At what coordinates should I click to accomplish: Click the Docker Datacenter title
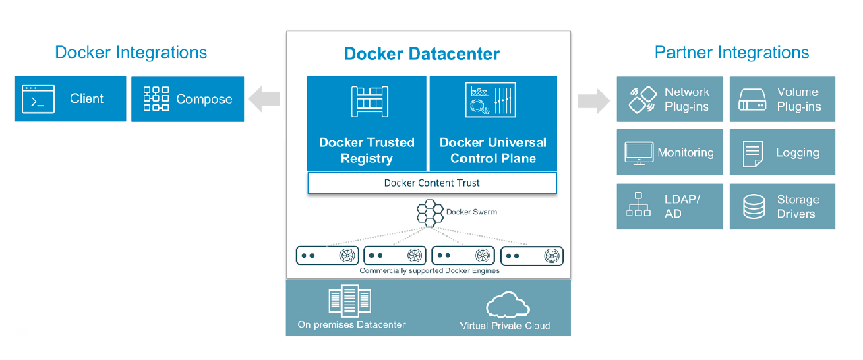[422, 54]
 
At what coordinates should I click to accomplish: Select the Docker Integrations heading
[131, 52]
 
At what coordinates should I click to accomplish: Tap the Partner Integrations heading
[732, 52]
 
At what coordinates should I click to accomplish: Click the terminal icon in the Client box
[38, 98]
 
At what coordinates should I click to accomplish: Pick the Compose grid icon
[156, 98]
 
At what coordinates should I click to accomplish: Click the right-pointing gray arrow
[593, 100]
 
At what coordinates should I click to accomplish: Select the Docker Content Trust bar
[432, 183]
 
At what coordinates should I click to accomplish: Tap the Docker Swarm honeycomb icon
[429, 213]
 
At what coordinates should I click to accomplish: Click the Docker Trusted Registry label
[367, 150]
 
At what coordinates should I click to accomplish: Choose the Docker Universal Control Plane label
[493, 150]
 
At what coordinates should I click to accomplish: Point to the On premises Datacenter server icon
[350, 300]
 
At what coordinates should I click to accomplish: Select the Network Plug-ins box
[670, 99]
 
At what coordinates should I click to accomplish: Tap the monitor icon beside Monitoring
[638, 154]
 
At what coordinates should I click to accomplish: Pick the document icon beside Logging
[752, 154]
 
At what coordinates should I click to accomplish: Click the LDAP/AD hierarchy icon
[638, 206]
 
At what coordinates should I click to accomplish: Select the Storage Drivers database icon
[754, 207]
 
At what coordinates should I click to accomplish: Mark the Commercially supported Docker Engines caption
[429, 271]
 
